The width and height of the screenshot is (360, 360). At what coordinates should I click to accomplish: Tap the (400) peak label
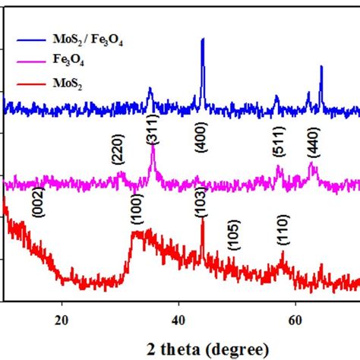[x=201, y=137]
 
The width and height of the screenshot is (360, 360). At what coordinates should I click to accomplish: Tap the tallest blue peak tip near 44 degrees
[x=202, y=39]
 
